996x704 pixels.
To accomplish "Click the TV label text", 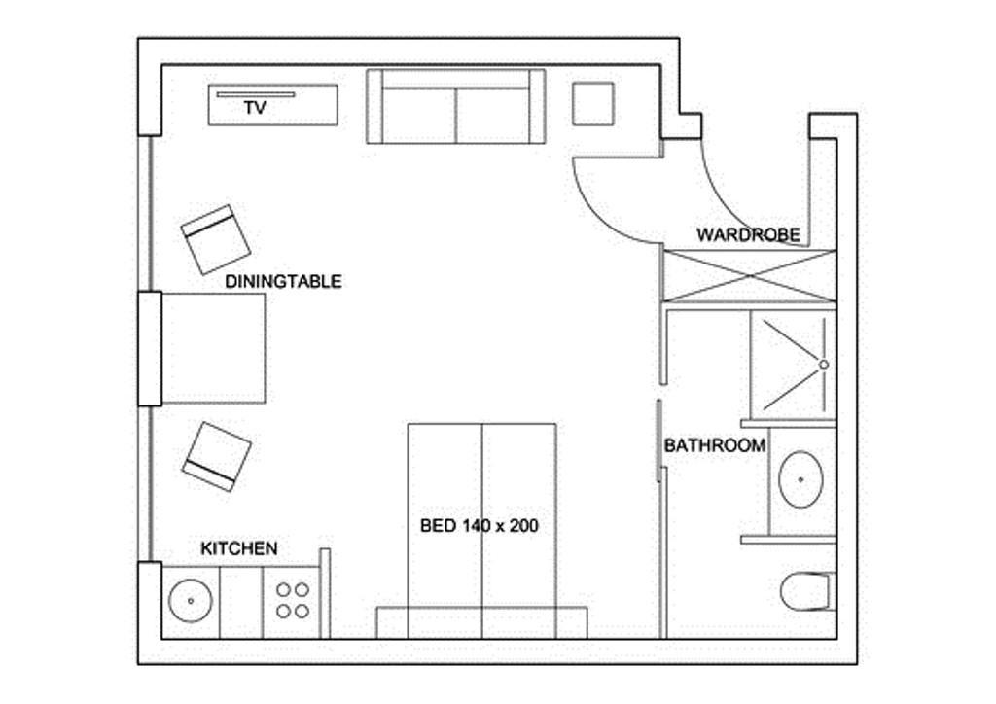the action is pyautogui.click(x=255, y=108).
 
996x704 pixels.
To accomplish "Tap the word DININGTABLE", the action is pyautogui.click(x=283, y=281).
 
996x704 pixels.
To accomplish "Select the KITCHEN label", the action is pyautogui.click(x=239, y=548).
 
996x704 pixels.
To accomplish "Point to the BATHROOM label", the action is pyautogui.click(x=715, y=445).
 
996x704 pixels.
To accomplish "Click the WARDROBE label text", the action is pyautogui.click(x=748, y=235).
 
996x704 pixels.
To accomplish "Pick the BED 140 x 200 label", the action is pyautogui.click(x=480, y=526).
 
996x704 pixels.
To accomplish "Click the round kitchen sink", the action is pyautogui.click(x=191, y=600).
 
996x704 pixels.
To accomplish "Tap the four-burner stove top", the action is pyautogui.click(x=293, y=601).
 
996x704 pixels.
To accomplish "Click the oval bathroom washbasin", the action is pyautogui.click(x=801, y=479).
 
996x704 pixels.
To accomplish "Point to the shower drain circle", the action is pyautogui.click(x=824, y=365).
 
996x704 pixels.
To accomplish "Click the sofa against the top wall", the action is pyautogui.click(x=456, y=107).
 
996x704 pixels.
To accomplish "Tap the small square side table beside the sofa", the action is pyautogui.click(x=592, y=103).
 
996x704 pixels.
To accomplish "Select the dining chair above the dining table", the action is pyautogui.click(x=215, y=239).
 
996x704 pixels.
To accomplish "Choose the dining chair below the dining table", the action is pyautogui.click(x=217, y=456).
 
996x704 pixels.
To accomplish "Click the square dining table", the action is pyautogui.click(x=213, y=348).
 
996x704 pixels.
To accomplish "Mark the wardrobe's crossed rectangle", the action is pyautogui.click(x=750, y=276).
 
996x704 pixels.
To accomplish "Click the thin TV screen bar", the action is pyautogui.click(x=256, y=94).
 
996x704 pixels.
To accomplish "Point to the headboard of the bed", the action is pyautogui.click(x=481, y=622).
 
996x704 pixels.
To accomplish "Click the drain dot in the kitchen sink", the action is pyautogui.click(x=191, y=600).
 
